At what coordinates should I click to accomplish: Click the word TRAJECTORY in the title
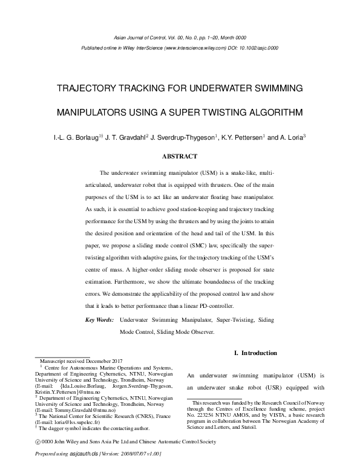point(85,89)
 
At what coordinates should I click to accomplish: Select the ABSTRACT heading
point(180,156)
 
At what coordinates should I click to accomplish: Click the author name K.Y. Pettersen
point(242,137)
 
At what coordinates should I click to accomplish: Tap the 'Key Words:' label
point(99,319)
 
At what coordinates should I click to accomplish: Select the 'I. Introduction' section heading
point(255,353)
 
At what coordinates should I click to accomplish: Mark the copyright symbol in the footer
point(38,442)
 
